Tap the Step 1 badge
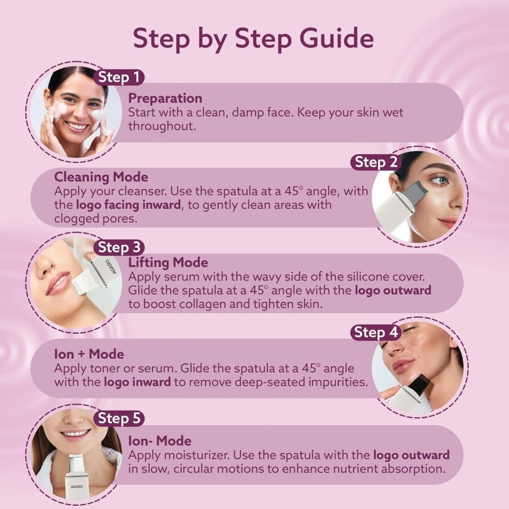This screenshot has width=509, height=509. pos(119,78)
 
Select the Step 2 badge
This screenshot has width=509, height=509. pos(375,162)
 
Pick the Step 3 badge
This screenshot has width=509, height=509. pos(119,248)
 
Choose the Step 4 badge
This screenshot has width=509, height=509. pos(375,332)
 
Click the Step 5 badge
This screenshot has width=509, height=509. pos(119,418)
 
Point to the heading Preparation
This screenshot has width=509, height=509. pos(165,98)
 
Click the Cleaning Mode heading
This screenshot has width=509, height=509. pos(101,177)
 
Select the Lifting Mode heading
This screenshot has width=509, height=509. pos(168,262)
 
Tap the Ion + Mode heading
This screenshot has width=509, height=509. pos(89,354)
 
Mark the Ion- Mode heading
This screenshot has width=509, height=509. pos(160,440)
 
